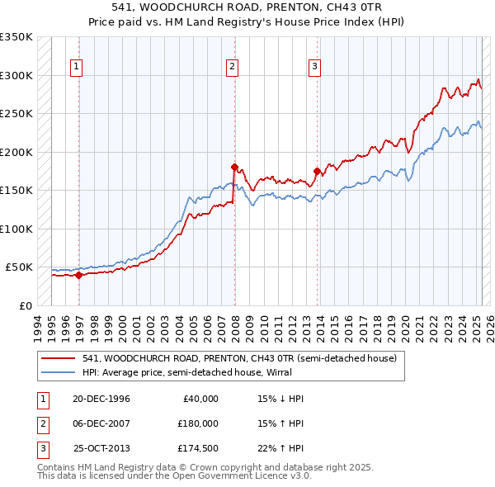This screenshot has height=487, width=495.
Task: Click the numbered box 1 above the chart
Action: click(x=76, y=68)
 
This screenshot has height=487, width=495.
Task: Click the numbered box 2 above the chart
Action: click(x=233, y=68)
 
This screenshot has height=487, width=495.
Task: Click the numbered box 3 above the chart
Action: click(x=315, y=68)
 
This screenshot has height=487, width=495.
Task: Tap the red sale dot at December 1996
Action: click(x=79, y=276)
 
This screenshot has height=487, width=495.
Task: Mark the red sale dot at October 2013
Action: click(x=317, y=172)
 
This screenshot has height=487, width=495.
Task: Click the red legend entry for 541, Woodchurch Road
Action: click(x=239, y=358)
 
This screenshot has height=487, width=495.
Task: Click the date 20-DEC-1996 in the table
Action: click(x=101, y=399)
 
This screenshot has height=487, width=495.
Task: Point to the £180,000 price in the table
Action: click(x=199, y=423)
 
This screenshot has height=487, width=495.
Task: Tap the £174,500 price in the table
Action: click(x=199, y=448)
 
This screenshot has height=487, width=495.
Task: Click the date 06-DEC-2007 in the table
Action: click(x=101, y=423)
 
